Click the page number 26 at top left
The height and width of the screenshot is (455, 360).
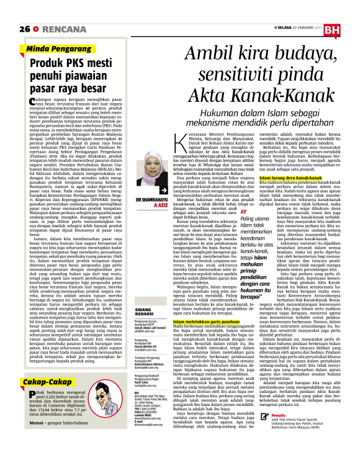25,29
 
